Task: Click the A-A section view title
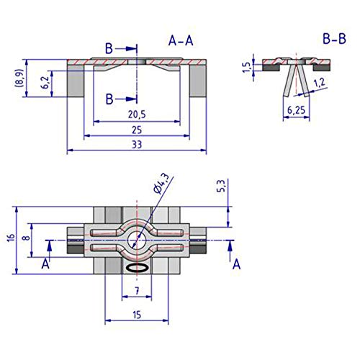click(x=181, y=40)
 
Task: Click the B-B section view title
click(x=334, y=39)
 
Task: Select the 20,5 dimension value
click(x=137, y=114)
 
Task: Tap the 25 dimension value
click(x=137, y=130)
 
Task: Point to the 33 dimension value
click(x=137, y=145)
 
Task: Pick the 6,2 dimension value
click(x=45, y=82)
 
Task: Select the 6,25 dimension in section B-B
click(x=296, y=110)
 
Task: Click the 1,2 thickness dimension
click(x=320, y=83)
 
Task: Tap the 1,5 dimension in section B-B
click(x=246, y=67)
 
